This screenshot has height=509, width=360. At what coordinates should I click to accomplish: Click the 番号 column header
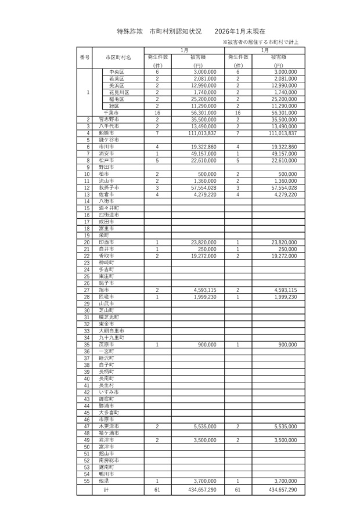pos(84,57)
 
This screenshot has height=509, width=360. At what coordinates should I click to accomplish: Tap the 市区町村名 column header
pos(118,57)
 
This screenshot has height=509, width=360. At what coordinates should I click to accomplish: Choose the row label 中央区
pos(117,71)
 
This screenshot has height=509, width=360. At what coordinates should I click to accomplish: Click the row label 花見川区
pos(118,92)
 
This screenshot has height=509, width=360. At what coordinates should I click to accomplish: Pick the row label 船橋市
pos(106,133)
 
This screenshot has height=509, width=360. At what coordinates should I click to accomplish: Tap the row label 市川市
pos(106,147)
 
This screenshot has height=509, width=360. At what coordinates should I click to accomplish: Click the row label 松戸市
pos(106,160)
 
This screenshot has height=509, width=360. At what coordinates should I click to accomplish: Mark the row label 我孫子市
pos(109,187)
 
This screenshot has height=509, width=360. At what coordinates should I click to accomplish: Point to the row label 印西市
pos(106,242)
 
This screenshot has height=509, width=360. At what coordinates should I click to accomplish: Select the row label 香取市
pos(106,255)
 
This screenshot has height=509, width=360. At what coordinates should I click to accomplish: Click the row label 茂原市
pos(106,344)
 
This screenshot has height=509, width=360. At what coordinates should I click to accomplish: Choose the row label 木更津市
pos(109,426)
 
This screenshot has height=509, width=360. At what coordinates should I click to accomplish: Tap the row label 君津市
pos(106,439)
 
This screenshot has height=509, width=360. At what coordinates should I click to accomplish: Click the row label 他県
pos(104,481)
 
